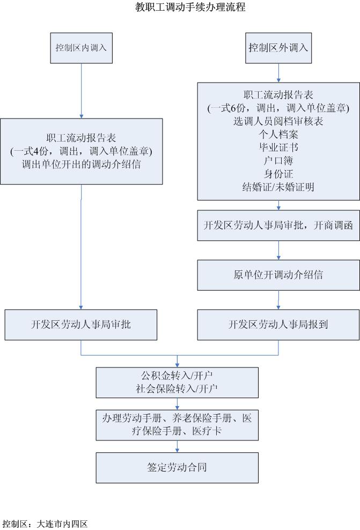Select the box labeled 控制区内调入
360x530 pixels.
(x=81, y=47)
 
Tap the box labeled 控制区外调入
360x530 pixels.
(x=278, y=47)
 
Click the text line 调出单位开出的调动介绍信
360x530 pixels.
(x=82, y=164)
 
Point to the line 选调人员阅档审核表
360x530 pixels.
(x=278, y=121)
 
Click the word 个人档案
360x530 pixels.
(x=278, y=134)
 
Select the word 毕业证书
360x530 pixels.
(x=278, y=147)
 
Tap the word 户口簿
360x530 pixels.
(x=278, y=160)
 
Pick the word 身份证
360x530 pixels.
(x=278, y=174)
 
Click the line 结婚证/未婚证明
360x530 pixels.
(x=278, y=187)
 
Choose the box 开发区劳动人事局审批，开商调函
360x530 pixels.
(x=278, y=225)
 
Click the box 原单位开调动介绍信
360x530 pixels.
(x=278, y=275)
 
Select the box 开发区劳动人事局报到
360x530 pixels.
(x=278, y=325)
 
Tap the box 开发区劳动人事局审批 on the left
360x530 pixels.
(x=81, y=325)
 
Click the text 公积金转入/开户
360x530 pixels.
(x=177, y=374)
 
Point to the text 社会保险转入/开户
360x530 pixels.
(x=177, y=388)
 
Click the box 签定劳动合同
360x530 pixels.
(x=177, y=467)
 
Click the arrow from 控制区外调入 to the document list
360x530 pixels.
(x=278, y=72)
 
